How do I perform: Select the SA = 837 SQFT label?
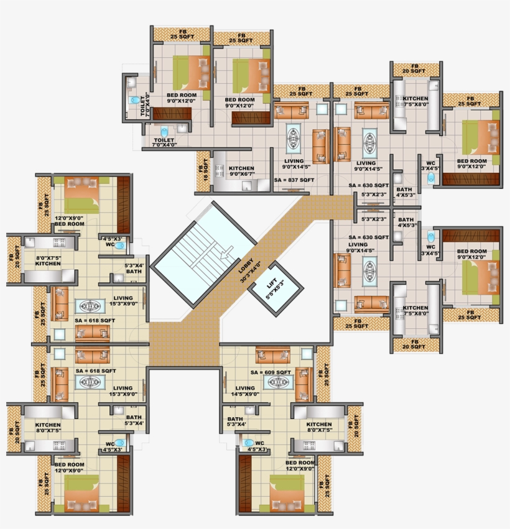pos(294,180)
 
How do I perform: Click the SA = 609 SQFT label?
pos(271,372)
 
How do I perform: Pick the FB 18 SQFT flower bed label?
pos(203,167)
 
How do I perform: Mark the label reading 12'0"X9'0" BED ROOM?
pos(69,221)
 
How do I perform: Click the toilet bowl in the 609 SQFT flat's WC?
pos(249,443)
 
